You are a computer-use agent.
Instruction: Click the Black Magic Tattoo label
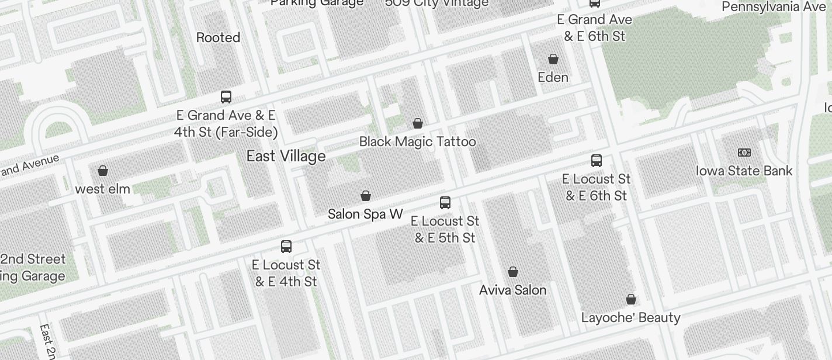pyautogui.click(x=417, y=141)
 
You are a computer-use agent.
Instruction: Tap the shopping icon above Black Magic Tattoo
pyautogui.click(x=418, y=123)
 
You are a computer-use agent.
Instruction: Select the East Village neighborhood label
pyautogui.click(x=286, y=156)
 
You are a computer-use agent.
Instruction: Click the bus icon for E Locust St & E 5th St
pyautogui.click(x=445, y=203)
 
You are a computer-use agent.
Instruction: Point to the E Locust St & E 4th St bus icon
pyautogui.click(x=286, y=247)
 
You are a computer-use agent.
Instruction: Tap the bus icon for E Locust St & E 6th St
pyautogui.click(x=596, y=161)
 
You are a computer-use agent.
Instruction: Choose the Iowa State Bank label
pyautogui.click(x=744, y=171)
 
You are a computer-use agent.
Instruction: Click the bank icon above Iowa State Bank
pyautogui.click(x=744, y=153)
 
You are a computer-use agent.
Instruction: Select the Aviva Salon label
pyautogui.click(x=512, y=290)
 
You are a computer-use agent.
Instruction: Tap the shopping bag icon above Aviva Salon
pyautogui.click(x=513, y=272)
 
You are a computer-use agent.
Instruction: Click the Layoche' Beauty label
pyautogui.click(x=630, y=317)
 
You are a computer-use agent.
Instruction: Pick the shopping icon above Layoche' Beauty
pyautogui.click(x=631, y=299)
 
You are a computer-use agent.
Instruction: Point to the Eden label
pyautogui.click(x=553, y=77)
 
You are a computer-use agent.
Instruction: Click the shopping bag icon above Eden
pyautogui.click(x=553, y=59)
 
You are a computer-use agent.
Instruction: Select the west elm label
pyautogui.click(x=103, y=189)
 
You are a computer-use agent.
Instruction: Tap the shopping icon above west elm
pyautogui.click(x=103, y=171)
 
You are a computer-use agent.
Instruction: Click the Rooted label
pyautogui.click(x=218, y=37)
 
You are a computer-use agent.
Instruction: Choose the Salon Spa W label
pyautogui.click(x=365, y=214)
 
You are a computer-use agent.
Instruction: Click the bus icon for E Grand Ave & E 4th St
pyautogui.click(x=226, y=97)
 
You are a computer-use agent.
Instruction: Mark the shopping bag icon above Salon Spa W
pyautogui.click(x=366, y=195)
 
